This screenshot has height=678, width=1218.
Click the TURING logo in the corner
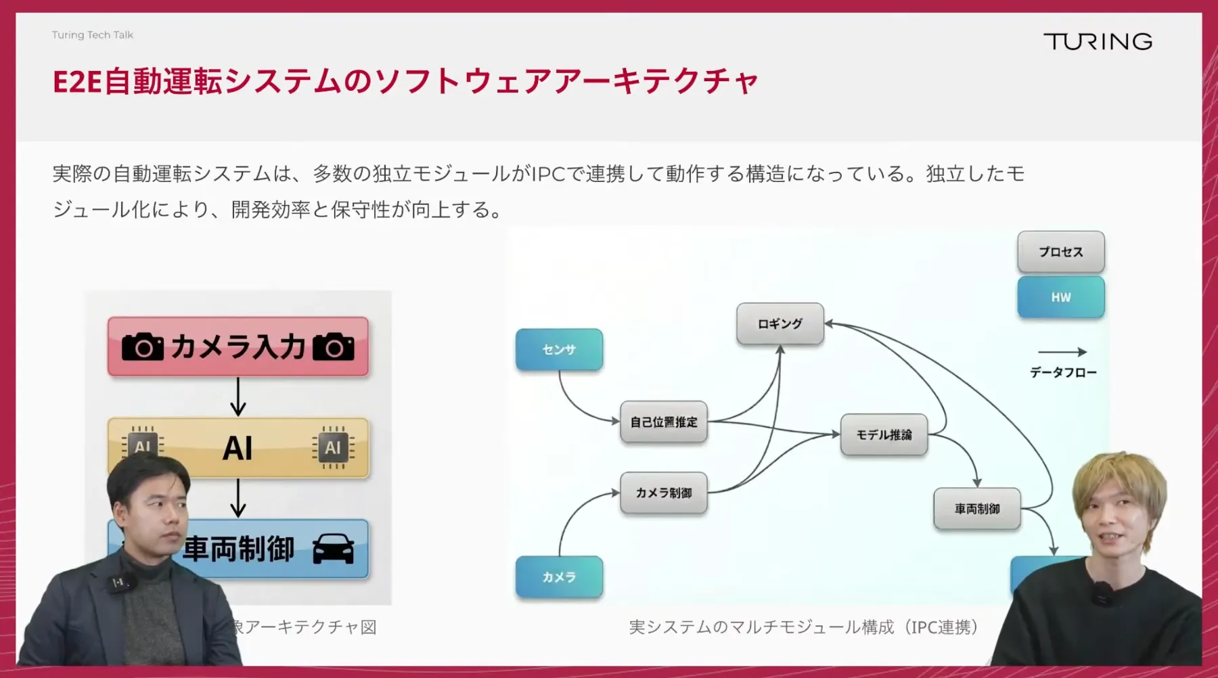click(1098, 42)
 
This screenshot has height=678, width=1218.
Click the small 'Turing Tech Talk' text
click(93, 35)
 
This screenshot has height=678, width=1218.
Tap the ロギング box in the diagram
click(780, 324)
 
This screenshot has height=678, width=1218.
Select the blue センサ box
click(559, 350)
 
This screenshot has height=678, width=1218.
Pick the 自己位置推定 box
click(664, 422)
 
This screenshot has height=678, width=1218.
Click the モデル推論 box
click(884, 435)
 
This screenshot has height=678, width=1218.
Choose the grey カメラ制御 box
click(664, 493)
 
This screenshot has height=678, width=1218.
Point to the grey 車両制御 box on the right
click(977, 509)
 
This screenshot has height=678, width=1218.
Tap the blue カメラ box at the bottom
click(559, 577)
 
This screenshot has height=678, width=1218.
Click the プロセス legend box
click(1061, 252)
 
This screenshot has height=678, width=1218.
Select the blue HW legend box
click(1061, 297)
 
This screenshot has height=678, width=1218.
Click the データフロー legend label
click(1063, 373)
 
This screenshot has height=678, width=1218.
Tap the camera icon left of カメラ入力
click(143, 346)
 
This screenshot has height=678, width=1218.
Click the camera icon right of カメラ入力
click(334, 346)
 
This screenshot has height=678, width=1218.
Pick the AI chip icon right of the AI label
click(333, 448)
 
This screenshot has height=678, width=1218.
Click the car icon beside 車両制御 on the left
click(334, 549)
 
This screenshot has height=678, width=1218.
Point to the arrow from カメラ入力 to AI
click(238, 397)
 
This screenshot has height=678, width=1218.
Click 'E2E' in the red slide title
click(77, 82)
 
